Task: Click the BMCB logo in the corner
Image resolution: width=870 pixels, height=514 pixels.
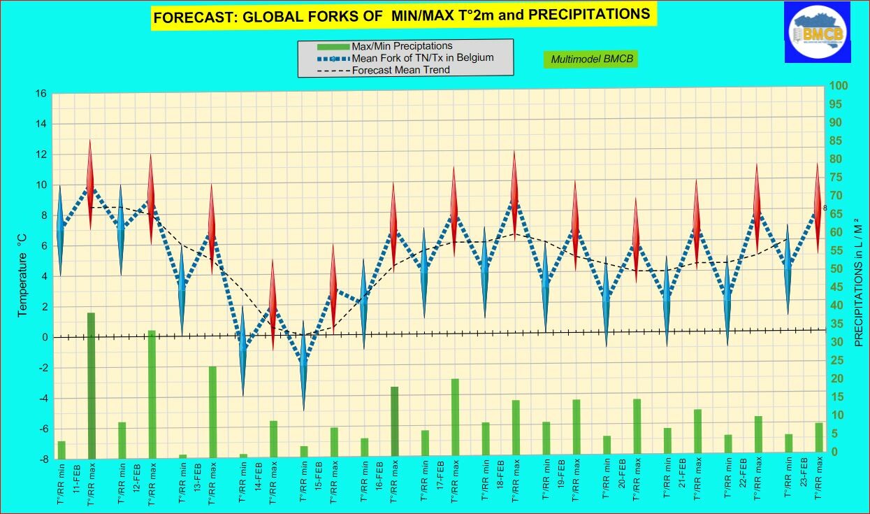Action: (817, 31)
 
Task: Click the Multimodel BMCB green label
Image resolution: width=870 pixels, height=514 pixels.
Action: (592, 59)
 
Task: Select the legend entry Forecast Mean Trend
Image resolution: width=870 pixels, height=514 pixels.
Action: (401, 70)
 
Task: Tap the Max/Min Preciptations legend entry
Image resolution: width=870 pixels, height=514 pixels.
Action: (402, 46)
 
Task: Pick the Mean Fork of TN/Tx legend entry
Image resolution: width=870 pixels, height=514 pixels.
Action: (423, 58)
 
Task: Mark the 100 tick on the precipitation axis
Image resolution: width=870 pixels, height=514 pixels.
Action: (838, 86)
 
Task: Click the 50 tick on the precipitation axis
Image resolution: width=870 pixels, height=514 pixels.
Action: (836, 269)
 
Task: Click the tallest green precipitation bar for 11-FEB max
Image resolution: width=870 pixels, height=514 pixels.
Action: (91, 385)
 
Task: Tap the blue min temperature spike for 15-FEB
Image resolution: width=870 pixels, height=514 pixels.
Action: (303, 364)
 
